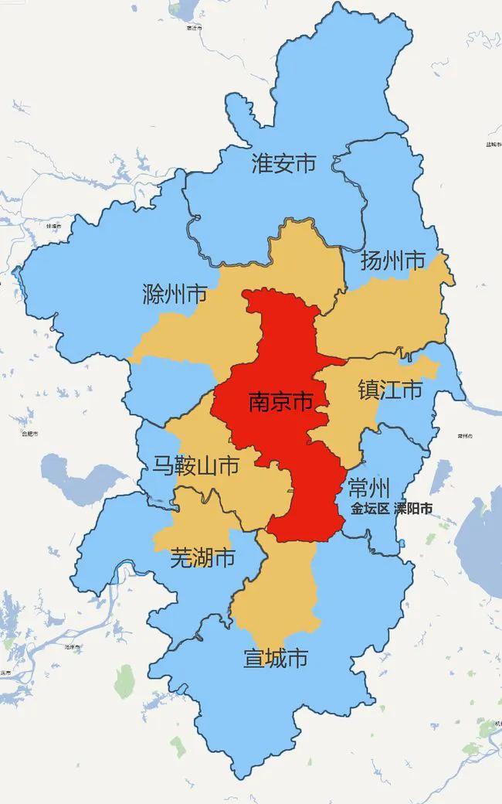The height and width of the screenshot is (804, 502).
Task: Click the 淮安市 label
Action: pyautogui.click(x=284, y=163)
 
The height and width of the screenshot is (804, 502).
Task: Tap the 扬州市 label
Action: pyautogui.click(x=394, y=261)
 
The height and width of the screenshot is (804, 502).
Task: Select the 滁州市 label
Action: pyautogui.click(x=175, y=294)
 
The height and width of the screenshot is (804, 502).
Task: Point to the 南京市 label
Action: pyautogui.click(x=280, y=401)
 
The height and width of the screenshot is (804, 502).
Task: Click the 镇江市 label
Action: pyautogui.click(x=390, y=390)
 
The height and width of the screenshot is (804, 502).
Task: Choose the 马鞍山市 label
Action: pyautogui.click(x=195, y=465)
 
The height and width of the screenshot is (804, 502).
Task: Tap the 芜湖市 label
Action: pyautogui.click(x=202, y=557)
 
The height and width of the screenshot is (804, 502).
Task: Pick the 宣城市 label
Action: pyautogui.click(x=276, y=658)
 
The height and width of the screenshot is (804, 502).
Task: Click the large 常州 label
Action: pyautogui.click(x=368, y=488)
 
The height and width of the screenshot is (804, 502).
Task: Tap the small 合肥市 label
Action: pyautogui.click(x=29, y=434)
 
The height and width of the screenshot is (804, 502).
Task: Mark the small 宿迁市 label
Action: pyautogui.click(x=194, y=28)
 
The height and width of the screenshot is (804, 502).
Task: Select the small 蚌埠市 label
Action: pyautogui.click(x=53, y=226)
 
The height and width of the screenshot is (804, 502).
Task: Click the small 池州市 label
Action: pyautogui.click(x=73, y=646)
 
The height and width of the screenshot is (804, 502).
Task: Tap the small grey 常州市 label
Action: pyautogui.click(x=464, y=436)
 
